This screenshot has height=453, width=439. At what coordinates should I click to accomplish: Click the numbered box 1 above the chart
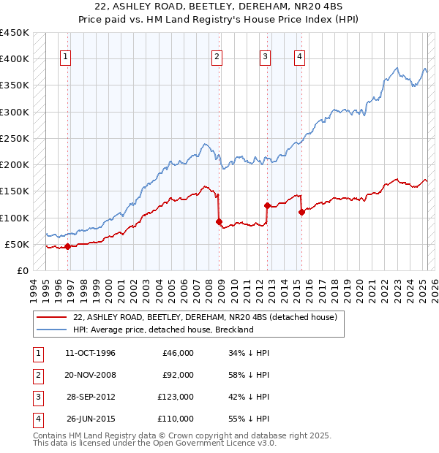[66, 58]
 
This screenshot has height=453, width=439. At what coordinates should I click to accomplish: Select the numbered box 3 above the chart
[265, 58]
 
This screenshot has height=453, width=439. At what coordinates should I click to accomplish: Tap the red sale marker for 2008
[219, 221]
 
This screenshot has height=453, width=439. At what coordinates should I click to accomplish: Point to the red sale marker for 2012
[267, 205]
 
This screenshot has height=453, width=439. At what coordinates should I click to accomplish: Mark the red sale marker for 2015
[301, 212]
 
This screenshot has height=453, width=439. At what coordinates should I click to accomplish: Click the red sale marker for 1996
[67, 246]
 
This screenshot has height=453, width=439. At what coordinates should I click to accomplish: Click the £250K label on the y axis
[15, 138]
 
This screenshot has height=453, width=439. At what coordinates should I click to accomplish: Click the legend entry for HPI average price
[163, 330]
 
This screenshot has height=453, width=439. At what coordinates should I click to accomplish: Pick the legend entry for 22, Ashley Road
[205, 318]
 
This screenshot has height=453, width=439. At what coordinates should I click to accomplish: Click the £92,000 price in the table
[178, 375]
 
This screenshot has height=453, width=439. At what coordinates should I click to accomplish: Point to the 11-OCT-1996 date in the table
[90, 353]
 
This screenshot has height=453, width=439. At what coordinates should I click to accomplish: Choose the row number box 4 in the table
[37, 419]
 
